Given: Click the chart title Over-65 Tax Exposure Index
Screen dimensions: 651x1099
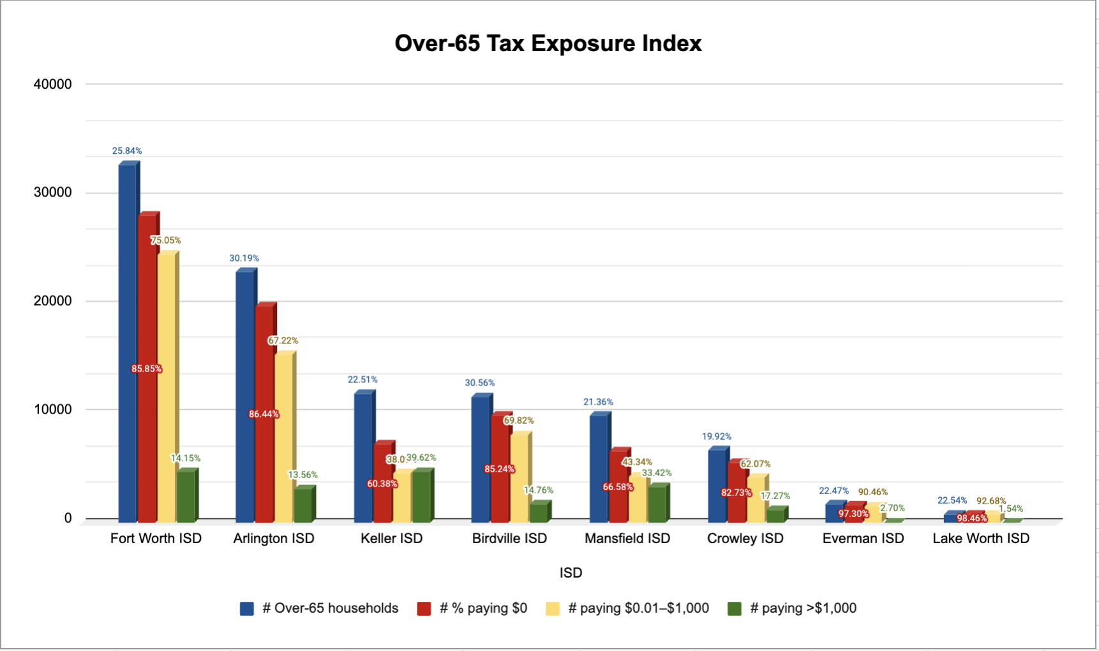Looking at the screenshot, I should [x=548, y=43].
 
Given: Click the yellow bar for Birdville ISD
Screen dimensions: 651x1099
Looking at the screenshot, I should [x=520, y=479].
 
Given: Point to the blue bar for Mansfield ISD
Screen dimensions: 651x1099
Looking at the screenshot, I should [x=599, y=466].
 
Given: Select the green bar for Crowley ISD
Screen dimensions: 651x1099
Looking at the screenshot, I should [x=775, y=514].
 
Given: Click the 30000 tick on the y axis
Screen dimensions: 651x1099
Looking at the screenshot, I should [x=52, y=192].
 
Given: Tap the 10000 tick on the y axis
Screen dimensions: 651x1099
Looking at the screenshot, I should [x=52, y=409].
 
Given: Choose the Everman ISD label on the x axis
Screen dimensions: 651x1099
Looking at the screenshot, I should [x=863, y=538].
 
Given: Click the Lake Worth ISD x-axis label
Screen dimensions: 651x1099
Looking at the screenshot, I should [x=981, y=538].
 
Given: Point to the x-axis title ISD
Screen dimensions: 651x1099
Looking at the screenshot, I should [x=571, y=572].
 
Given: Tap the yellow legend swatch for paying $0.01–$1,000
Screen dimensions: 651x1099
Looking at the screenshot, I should [x=553, y=609].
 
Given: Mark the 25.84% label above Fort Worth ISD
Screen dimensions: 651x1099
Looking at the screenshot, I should [x=127, y=151].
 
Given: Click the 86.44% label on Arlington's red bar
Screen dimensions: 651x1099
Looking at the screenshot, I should [x=264, y=414].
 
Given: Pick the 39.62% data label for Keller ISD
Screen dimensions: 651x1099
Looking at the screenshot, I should [x=422, y=458].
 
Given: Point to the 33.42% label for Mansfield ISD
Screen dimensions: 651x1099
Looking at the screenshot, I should [x=657, y=473].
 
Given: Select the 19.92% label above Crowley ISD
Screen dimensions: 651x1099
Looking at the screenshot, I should [x=717, y=437].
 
